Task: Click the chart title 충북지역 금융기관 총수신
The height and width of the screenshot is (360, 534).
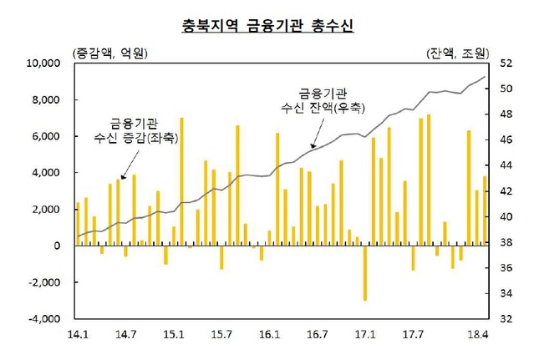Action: click(267, 25)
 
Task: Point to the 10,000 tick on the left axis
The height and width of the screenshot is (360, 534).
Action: click(43, 63)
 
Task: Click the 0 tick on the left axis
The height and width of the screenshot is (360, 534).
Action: click(57, 246)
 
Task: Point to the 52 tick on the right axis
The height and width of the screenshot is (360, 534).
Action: click(505, 63)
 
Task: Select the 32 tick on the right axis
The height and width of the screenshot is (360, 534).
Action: click(505, 319)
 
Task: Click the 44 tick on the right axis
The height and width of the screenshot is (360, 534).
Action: click(505, 165)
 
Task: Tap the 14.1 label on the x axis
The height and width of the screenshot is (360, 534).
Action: click(77, 335)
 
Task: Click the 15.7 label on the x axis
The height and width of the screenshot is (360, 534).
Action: click(221, 335)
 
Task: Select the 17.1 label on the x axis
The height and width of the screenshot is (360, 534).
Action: click(364, 335)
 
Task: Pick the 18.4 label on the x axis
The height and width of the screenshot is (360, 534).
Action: click(476, 335)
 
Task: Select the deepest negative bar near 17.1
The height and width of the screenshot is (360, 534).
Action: click(364, 272)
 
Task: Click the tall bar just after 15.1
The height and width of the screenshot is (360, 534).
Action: click(181, 182)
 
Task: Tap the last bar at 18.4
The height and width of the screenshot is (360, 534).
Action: click(485, 210)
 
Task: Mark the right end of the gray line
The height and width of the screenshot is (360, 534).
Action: click(486, 77)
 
